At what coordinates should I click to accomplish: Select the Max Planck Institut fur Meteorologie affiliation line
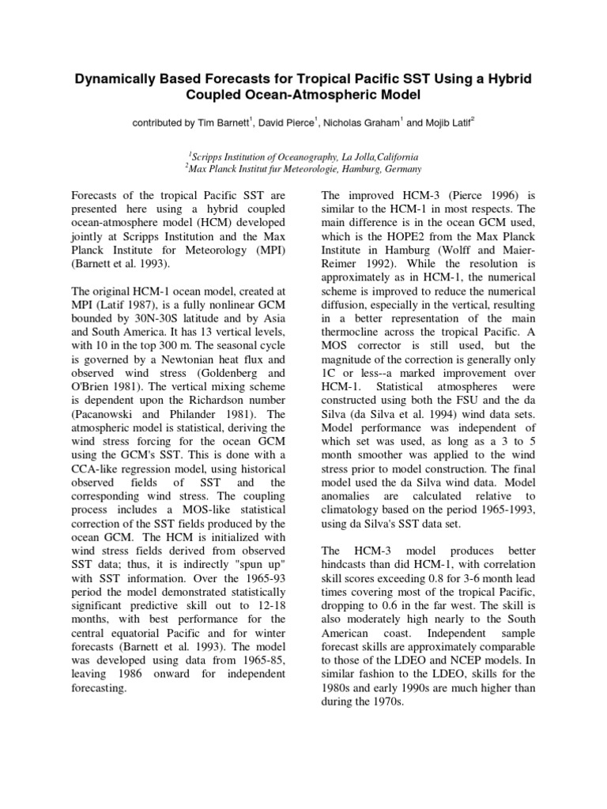tap(303, 169)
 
